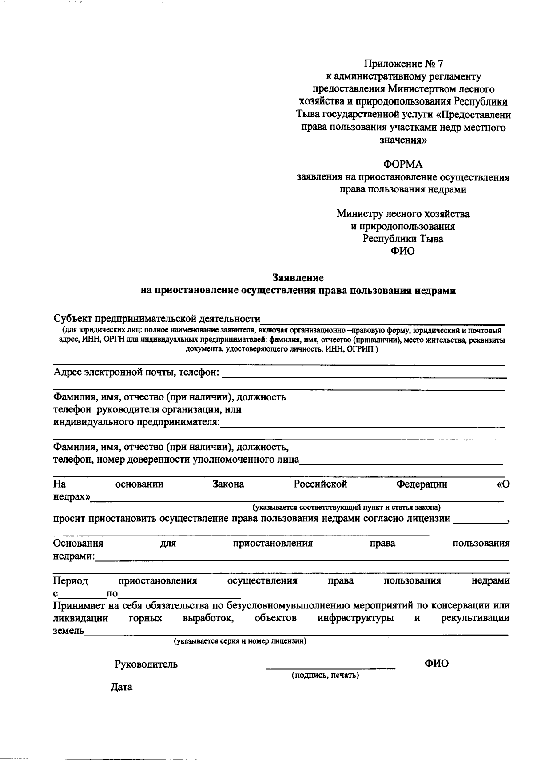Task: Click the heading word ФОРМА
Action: (403, 165)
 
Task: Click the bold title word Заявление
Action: (298, 278)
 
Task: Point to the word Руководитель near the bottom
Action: (146, 664)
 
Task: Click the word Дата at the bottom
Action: (121, 687)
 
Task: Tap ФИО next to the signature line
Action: (436, 664)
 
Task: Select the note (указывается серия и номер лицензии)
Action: (240, 641)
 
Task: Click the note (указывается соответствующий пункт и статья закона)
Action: (346, 507)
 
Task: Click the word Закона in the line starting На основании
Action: (228, 484)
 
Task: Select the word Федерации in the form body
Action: (422, 484)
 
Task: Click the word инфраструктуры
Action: (355, 618)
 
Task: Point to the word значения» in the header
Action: (403, 140)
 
